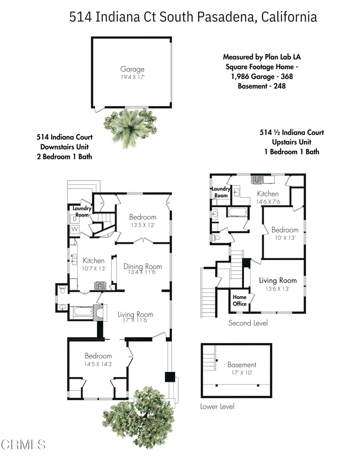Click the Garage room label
[132, 69]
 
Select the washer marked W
[75, 228]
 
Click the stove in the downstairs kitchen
[100, 286]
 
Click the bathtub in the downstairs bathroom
[84, 311]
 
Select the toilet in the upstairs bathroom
[216, 238]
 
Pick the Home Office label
[239, 300]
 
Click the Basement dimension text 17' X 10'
[242, 373]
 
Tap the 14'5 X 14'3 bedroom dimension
[98, 364]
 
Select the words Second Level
[248, 323]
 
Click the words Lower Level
[217, 406]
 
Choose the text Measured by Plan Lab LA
[262, 57]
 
